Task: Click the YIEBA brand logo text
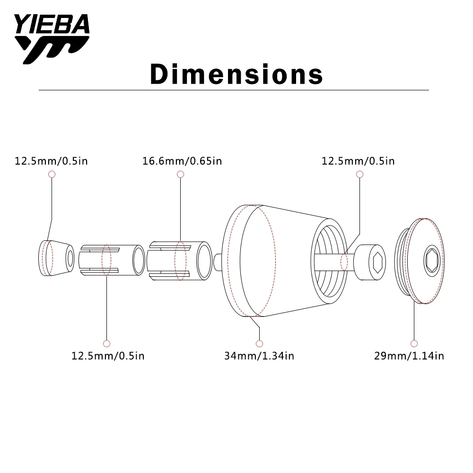(52, 24)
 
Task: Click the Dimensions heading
(236, 74)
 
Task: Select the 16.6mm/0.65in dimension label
(182, 161)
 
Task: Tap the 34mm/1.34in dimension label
(259, 356)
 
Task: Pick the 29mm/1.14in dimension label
(409, 356)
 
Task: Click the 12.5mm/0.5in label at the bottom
(108, 356)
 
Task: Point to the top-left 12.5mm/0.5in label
(51, 161)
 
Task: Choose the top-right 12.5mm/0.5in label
(359, 161)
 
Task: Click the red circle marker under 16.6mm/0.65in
(180, 174)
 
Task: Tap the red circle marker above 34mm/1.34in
(259, 343)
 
